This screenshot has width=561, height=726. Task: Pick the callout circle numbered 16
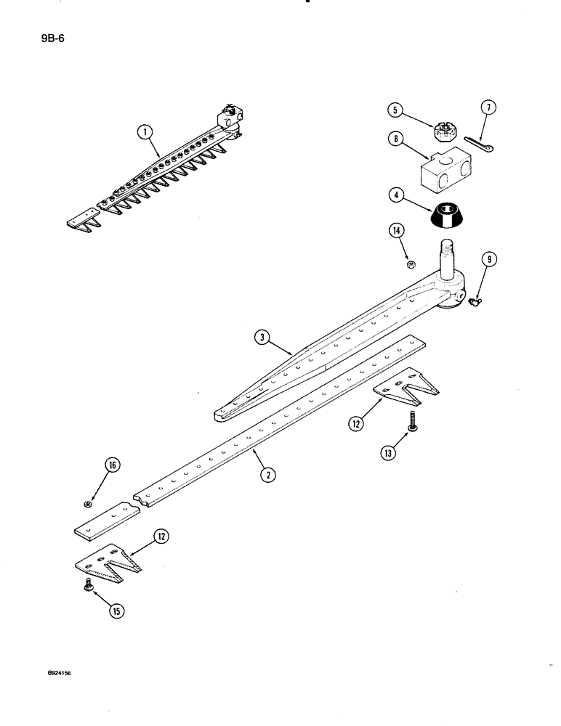coord(115,466)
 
